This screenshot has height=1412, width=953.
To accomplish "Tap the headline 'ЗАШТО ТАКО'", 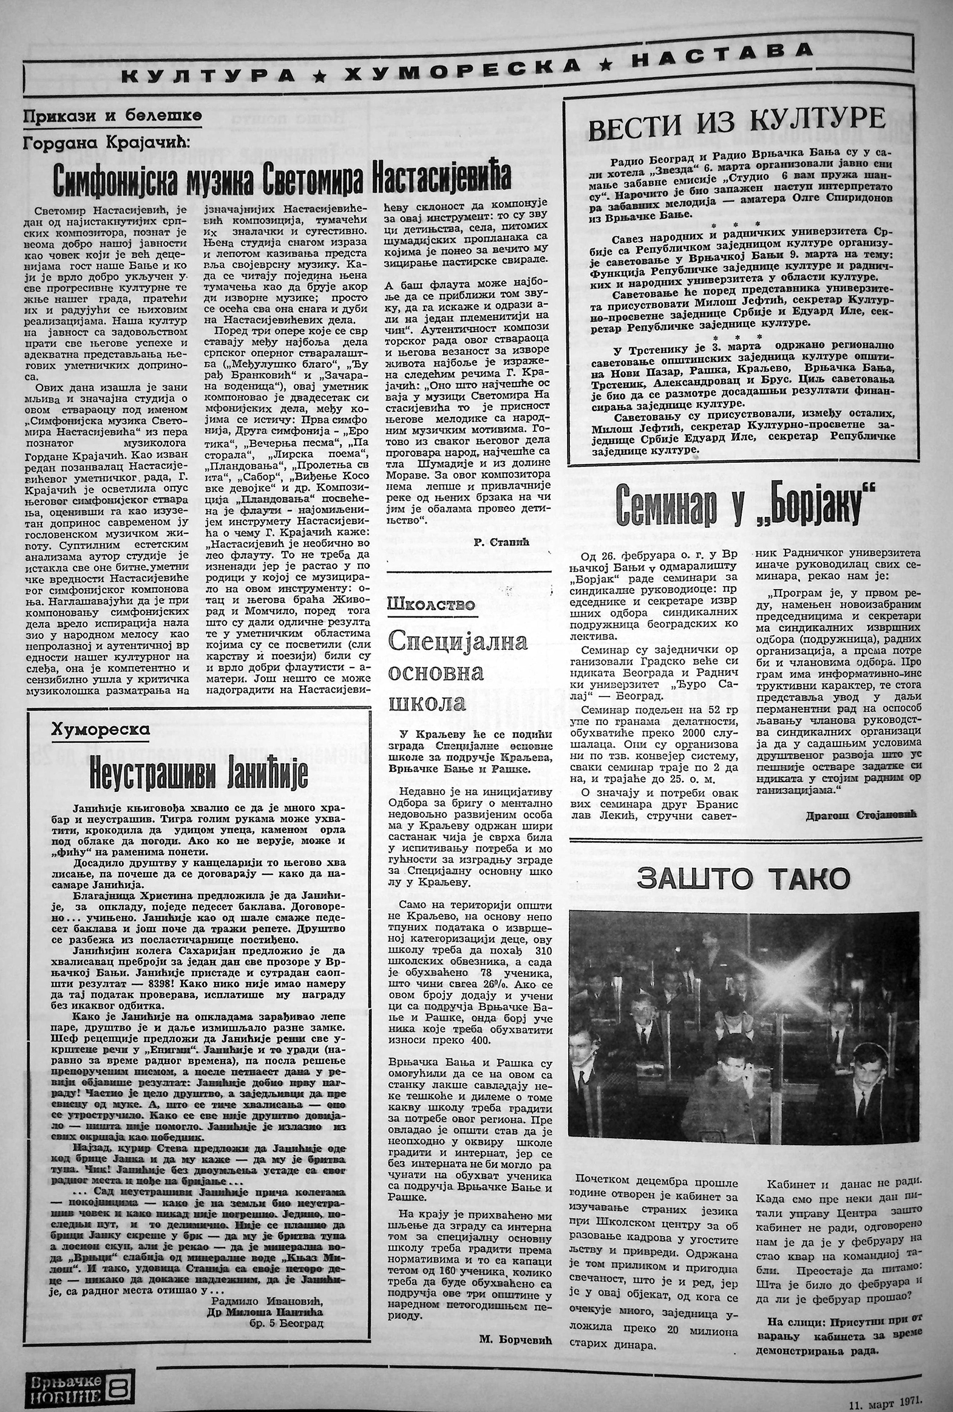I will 743,878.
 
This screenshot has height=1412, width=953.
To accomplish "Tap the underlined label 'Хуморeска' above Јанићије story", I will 101,729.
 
